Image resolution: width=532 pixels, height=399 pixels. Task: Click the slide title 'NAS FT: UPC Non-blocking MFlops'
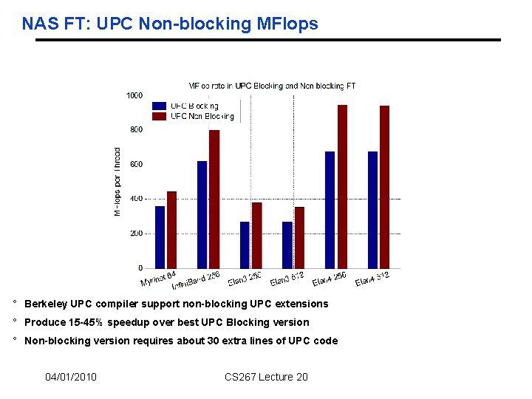point(170,24)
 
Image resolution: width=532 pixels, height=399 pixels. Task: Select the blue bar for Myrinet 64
point(160,237)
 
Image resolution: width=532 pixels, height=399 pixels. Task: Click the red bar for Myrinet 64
point(171,230)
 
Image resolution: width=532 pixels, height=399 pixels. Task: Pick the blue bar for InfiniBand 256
point(202,214)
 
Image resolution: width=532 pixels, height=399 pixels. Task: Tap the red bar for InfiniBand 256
point(214,199)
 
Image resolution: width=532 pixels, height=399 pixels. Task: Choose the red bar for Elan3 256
point(256,235)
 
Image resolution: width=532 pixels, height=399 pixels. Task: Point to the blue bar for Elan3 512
point(287,245)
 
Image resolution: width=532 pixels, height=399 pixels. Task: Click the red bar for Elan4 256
point(342,186)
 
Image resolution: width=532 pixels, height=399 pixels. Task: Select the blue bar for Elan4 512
point(372,210)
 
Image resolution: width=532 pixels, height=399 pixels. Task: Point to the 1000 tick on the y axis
point(134,95)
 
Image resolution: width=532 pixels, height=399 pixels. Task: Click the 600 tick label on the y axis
point(136,164)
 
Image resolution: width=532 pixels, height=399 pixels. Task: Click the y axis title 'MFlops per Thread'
point(117,181)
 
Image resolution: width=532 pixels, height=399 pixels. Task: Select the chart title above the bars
point(272,86)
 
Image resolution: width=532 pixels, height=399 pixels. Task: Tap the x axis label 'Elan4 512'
point(372,279)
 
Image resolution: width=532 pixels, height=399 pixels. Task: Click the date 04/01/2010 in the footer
point(71,378)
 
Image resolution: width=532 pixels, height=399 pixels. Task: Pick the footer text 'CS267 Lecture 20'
point(266,378)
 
